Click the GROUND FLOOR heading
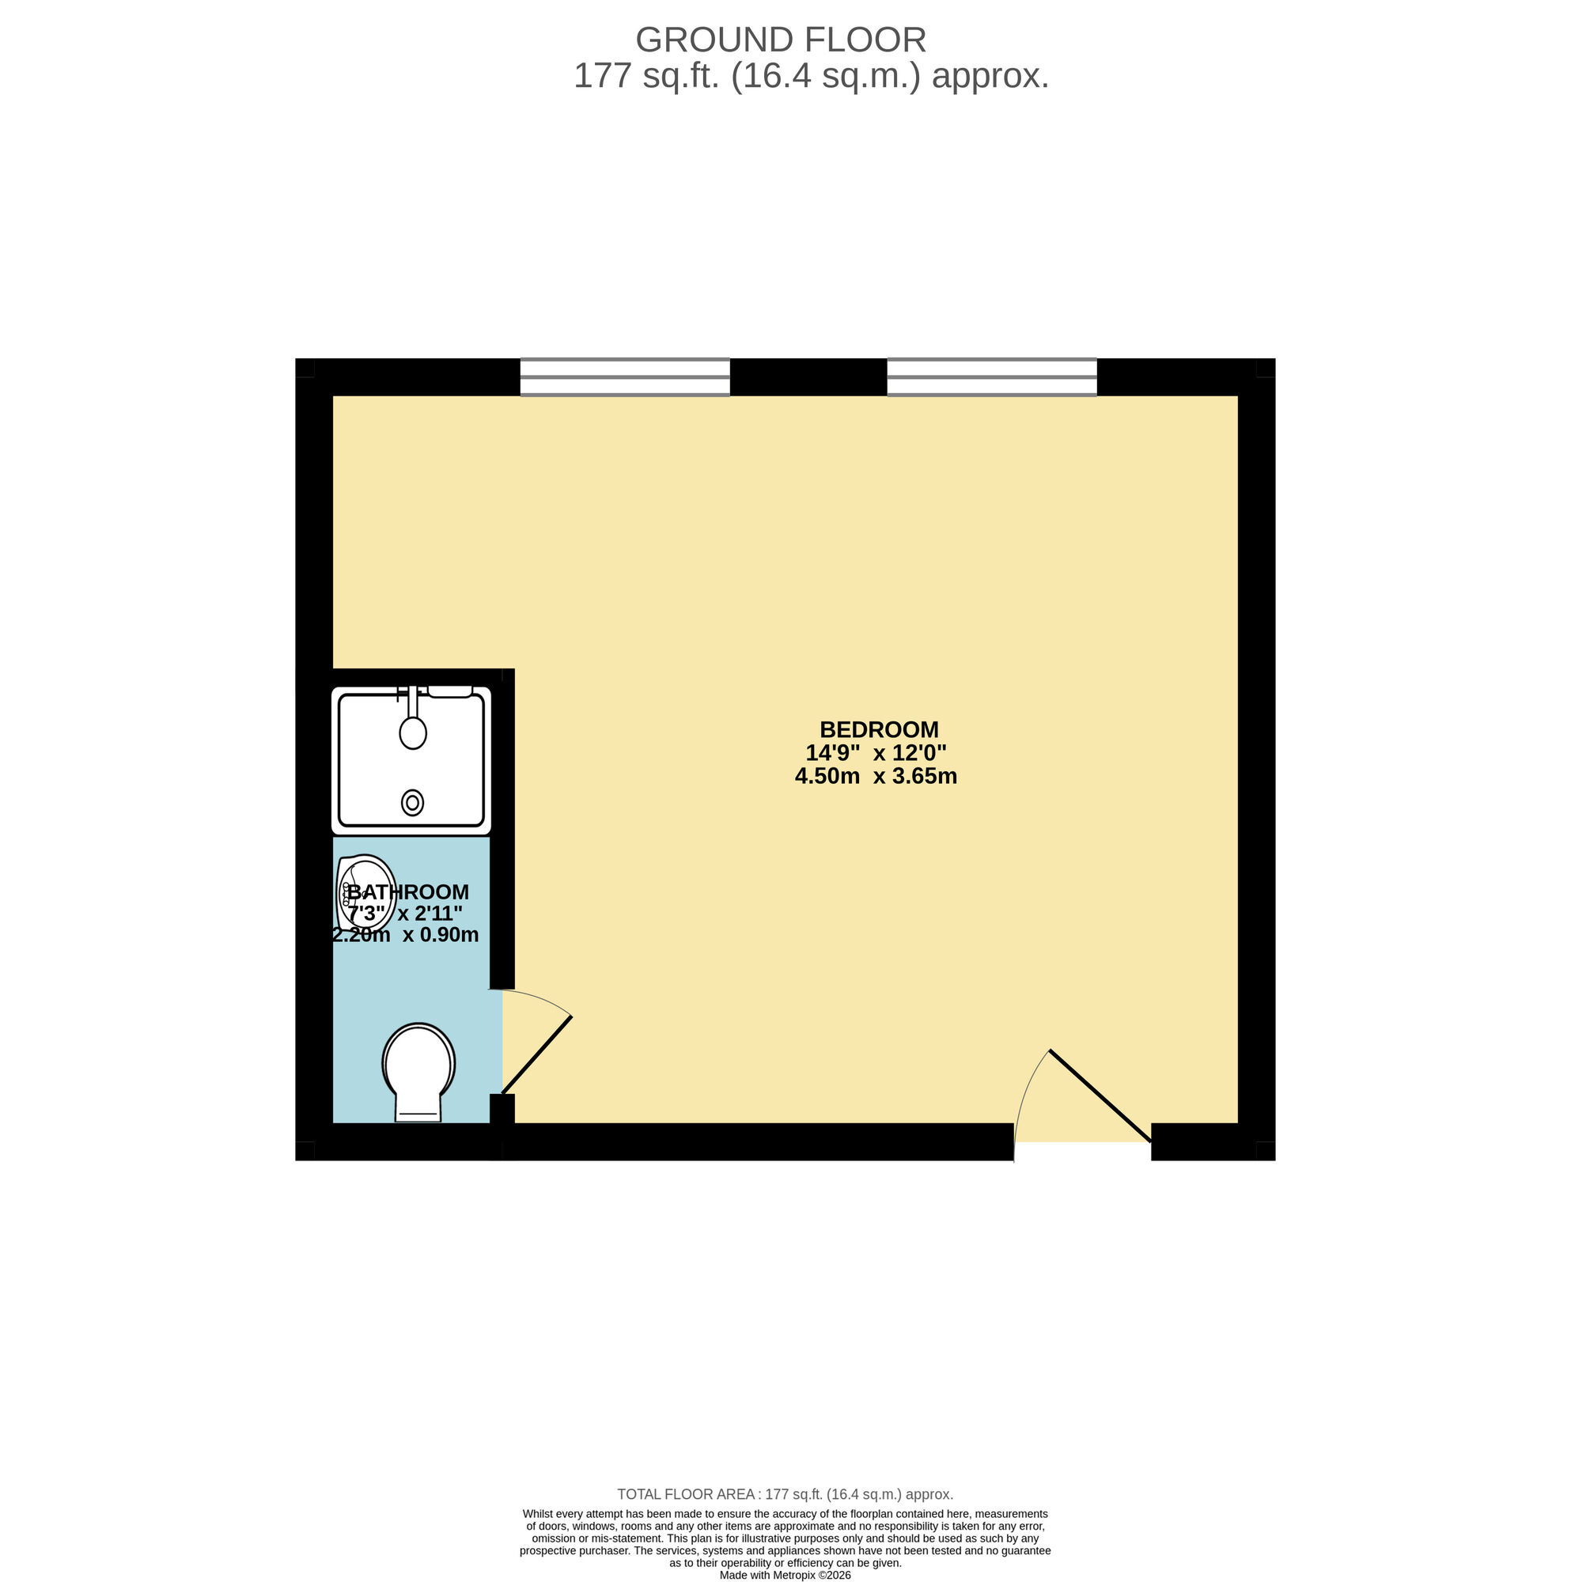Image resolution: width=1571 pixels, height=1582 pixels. pyautogui.click(x=781, y=40)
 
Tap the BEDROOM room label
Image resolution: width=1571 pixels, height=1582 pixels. pyautogui.click(x=879, y=729)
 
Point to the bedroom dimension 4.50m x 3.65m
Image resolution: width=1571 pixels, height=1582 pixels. pyautogui.click(x=876, y=776)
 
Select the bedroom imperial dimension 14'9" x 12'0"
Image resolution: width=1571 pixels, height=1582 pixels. pyautogui.click(x=876, y=752)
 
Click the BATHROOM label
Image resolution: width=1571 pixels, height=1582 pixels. pyautogui.click(x=408, y=891)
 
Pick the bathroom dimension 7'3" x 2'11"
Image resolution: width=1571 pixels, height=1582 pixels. pyautogui.click(x=405, y=913)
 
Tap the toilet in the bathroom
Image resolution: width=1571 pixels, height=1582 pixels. pyautogui.click(x=418, y=1069)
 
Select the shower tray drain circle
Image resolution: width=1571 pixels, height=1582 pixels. pyautogui.click(x=412, y=802)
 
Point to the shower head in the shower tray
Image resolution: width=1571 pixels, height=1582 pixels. pyautogui.click(x=413, y=731)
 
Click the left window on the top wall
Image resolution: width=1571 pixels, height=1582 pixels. pyautogui.click(x=625, y=377)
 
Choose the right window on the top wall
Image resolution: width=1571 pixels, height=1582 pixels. pyautogui.click(x=991, y=377)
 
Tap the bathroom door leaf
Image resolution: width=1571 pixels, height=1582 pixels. pyautogui.click(x=536, y=1054)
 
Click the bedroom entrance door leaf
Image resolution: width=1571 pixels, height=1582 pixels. pyautogui.click(x=1100, y=1095)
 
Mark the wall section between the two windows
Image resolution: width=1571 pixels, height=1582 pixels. pyautogui.click(x=808, y=377)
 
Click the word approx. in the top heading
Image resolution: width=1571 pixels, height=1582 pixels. pyautogui.click(x=990, y=76)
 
